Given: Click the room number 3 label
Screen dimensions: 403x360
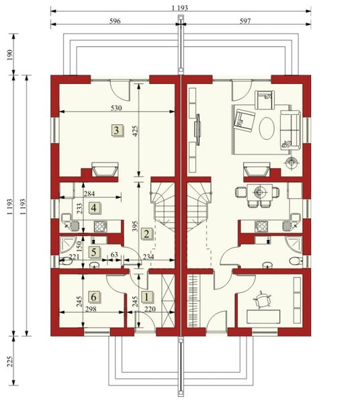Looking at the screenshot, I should click(x=117, y=130).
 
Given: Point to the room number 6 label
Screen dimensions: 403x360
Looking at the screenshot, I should click(x=94, y=296).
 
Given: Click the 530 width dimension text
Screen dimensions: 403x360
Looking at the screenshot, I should click(x=118, y=107).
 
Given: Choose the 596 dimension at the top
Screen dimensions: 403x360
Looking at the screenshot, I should click(x=114, y=21).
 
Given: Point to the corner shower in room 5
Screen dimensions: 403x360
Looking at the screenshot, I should click(x=69, y=244).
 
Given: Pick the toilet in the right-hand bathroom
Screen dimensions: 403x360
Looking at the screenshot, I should click(x=294, y=261).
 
